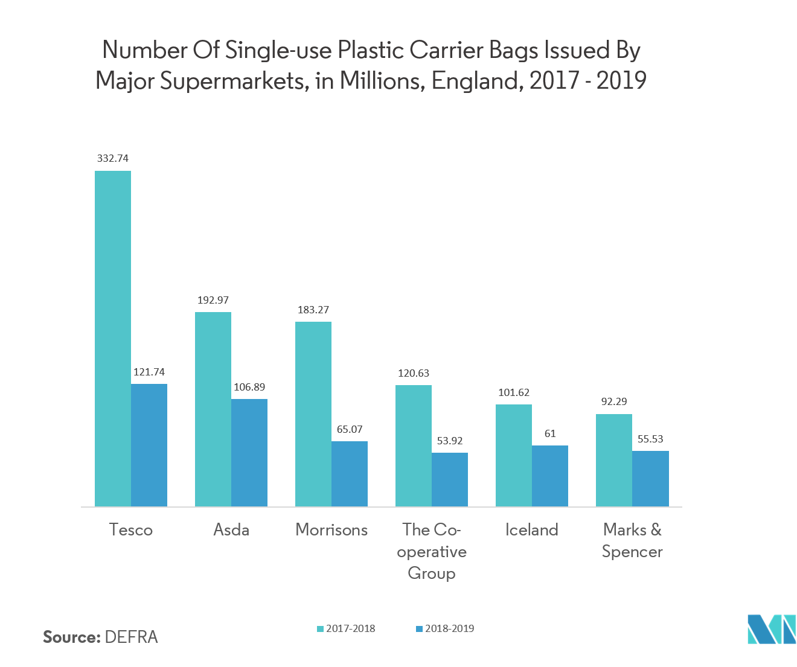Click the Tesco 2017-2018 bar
coord(113,338)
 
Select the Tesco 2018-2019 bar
coord(149,445)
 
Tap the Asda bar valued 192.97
coord(213,409)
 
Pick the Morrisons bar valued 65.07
coord(350,473)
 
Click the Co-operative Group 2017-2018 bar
coord(414,445)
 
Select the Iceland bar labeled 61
coord(550,476)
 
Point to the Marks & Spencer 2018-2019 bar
coord(650,478)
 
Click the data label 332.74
coord(113,158)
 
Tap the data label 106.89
coord(249,387)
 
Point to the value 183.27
coord(313,310)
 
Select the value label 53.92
coord(450,441)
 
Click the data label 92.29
coord(614,401)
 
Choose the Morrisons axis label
coord(331,530)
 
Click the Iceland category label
coord(532,530)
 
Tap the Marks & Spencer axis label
coord(632,541)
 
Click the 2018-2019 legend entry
coord(445,628)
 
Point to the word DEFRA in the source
coord(131,637)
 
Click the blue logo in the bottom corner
coord(771,629)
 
